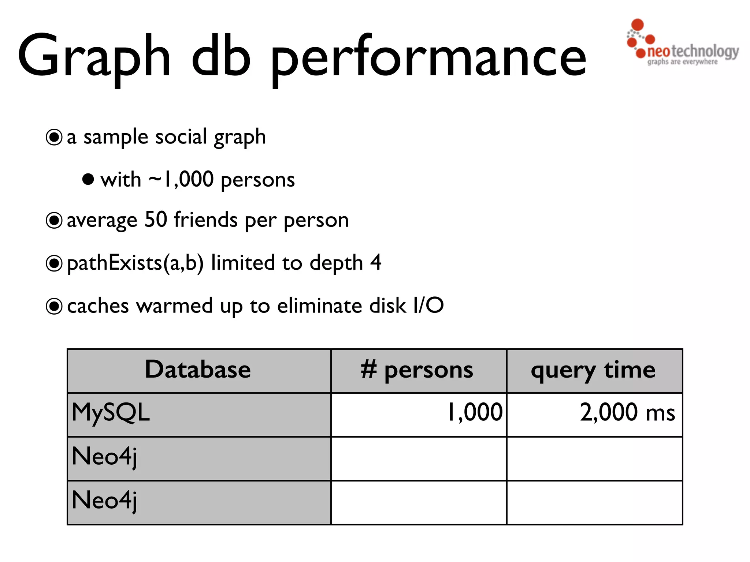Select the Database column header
click(x=198, y=370)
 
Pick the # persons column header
click(x=417, y=370)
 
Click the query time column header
click(x=593, y=370)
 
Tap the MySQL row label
click(x=111, y=413)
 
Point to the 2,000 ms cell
click(x=627, y=413)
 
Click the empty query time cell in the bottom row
click(x=594, y=503)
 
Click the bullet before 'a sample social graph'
click(x=54, y=138)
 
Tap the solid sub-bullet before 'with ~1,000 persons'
click(x=88, y=179)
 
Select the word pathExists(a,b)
click(x=135, y=263)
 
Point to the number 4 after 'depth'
click(x=375, y=263)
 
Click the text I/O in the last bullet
click(x=428, y=306)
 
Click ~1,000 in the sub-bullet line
click(x=181, y=179)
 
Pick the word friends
click(x=206, y=220)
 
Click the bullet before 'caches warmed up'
click(x=54, y=306)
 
